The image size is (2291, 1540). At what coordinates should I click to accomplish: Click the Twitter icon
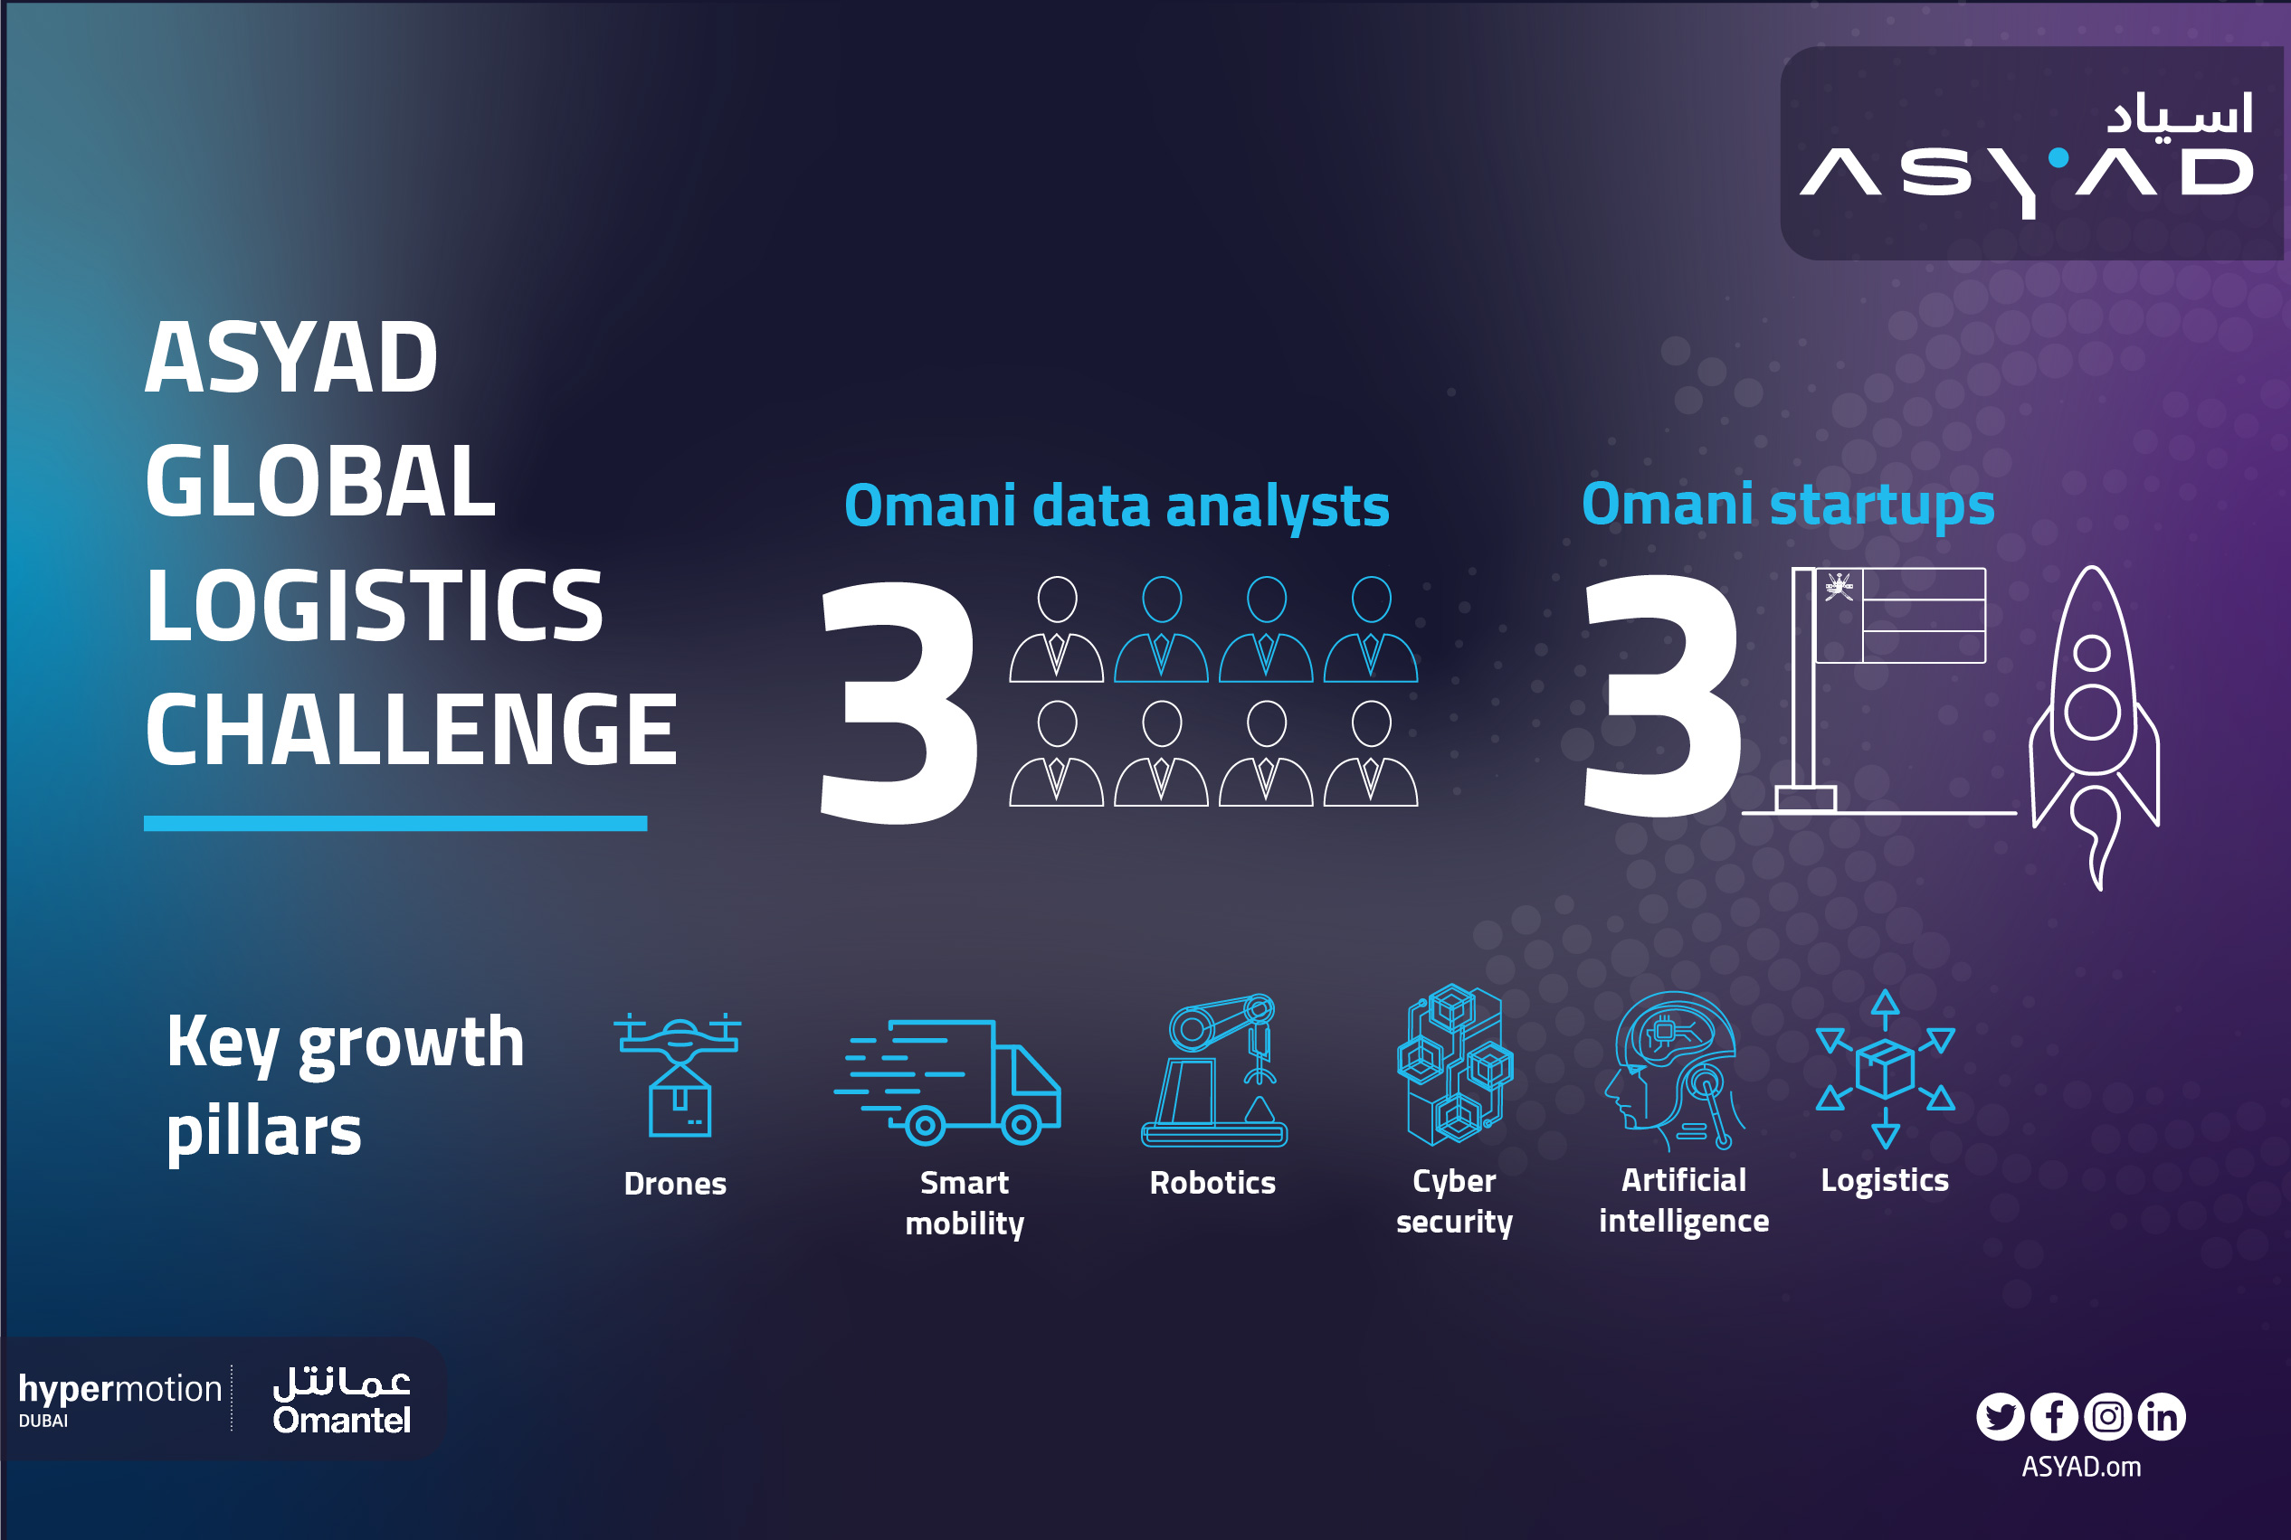tap(2001, 1416)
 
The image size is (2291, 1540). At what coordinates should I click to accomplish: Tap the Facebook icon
tap(2054, 1416)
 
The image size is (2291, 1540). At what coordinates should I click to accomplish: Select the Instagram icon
tap(2108, 1416)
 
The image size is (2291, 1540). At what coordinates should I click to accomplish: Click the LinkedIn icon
tap(2162, 1416)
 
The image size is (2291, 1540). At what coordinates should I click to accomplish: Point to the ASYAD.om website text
tap(2081, 1468)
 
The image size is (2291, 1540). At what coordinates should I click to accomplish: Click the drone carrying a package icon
tap(677, 1074)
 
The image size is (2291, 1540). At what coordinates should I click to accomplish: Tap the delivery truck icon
tap(947, 1082)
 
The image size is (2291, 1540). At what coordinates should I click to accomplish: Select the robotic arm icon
tap(1214, 1071)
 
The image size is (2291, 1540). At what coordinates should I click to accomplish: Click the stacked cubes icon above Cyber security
tap(1455, 1064)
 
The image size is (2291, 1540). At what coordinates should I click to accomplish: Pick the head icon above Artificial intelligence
tap(1674, 1071)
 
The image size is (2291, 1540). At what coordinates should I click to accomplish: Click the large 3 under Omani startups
tap(1663, 694)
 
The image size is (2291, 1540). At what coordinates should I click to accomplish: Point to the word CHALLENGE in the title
tap(412, 729)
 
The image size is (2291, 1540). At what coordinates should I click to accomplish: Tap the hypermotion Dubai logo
tap(119, 1400)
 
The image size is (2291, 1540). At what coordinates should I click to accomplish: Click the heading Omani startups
tap(1788, 505)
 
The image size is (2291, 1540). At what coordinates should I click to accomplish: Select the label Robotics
tap(1213, 1183)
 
